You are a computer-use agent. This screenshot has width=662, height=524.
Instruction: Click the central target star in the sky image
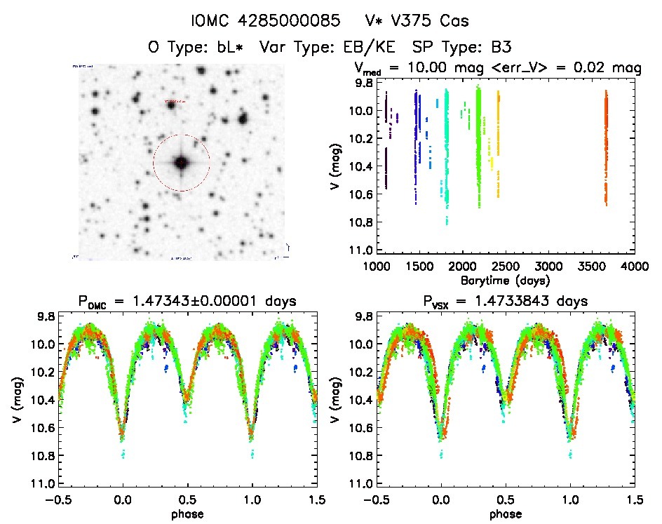coord(182,163)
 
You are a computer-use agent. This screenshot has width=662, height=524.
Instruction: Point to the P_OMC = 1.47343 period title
coord(187,302)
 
